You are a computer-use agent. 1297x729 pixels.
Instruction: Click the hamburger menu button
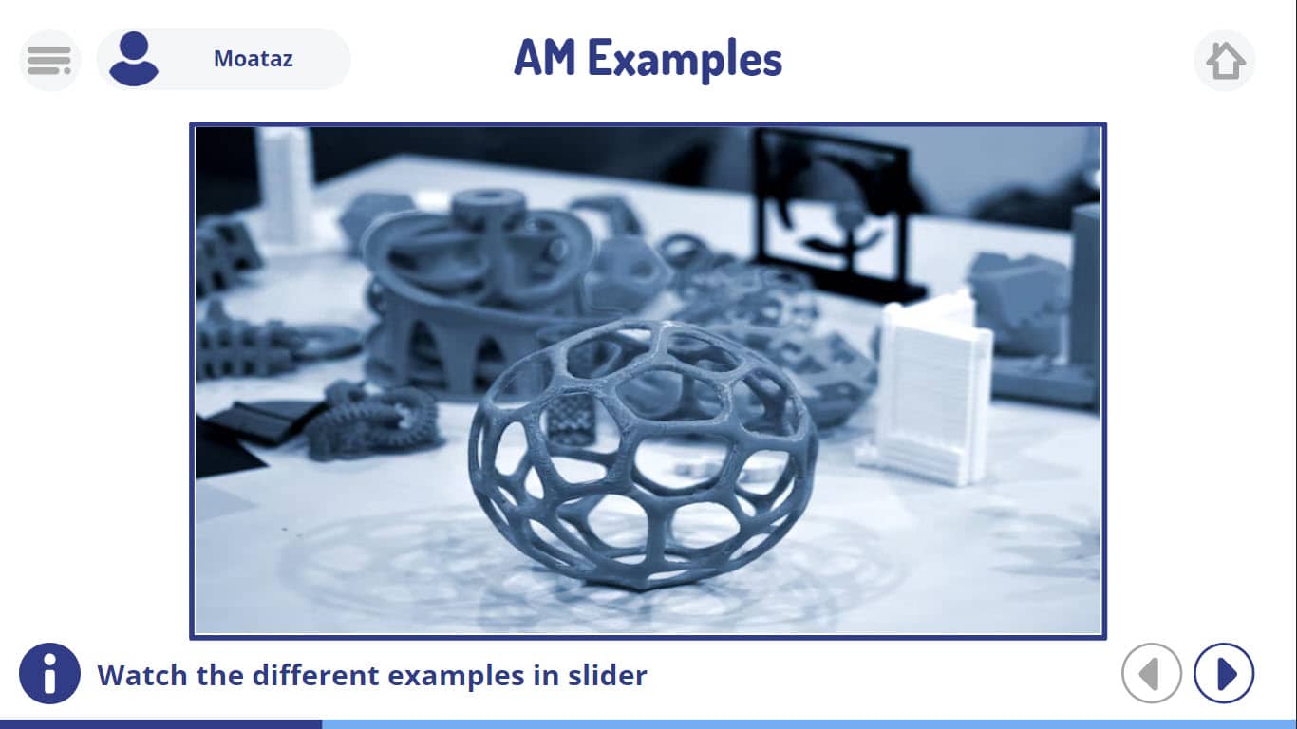click(x=49, y=60)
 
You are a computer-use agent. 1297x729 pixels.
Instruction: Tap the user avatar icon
click(x=134, y=59)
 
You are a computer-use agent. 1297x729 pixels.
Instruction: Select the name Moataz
click(x=253, y=59)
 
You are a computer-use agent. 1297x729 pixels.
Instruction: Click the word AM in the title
click(x=545, y=57)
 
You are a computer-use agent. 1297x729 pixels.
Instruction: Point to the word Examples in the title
click(x=685, y=60)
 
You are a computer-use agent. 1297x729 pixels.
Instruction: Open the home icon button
click(x=1225, y=60)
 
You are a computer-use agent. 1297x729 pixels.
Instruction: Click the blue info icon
click(x=49, y=673)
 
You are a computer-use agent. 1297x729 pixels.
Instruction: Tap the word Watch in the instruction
click(x=142, y=675)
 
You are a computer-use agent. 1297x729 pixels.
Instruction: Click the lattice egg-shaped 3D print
click(x=643, y=455)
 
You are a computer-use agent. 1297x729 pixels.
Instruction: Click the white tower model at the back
click(x=285, y=186)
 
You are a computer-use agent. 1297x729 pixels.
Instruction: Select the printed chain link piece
click(x=371, y=422)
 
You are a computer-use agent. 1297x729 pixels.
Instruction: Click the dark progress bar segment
click(x=161, y=724)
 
